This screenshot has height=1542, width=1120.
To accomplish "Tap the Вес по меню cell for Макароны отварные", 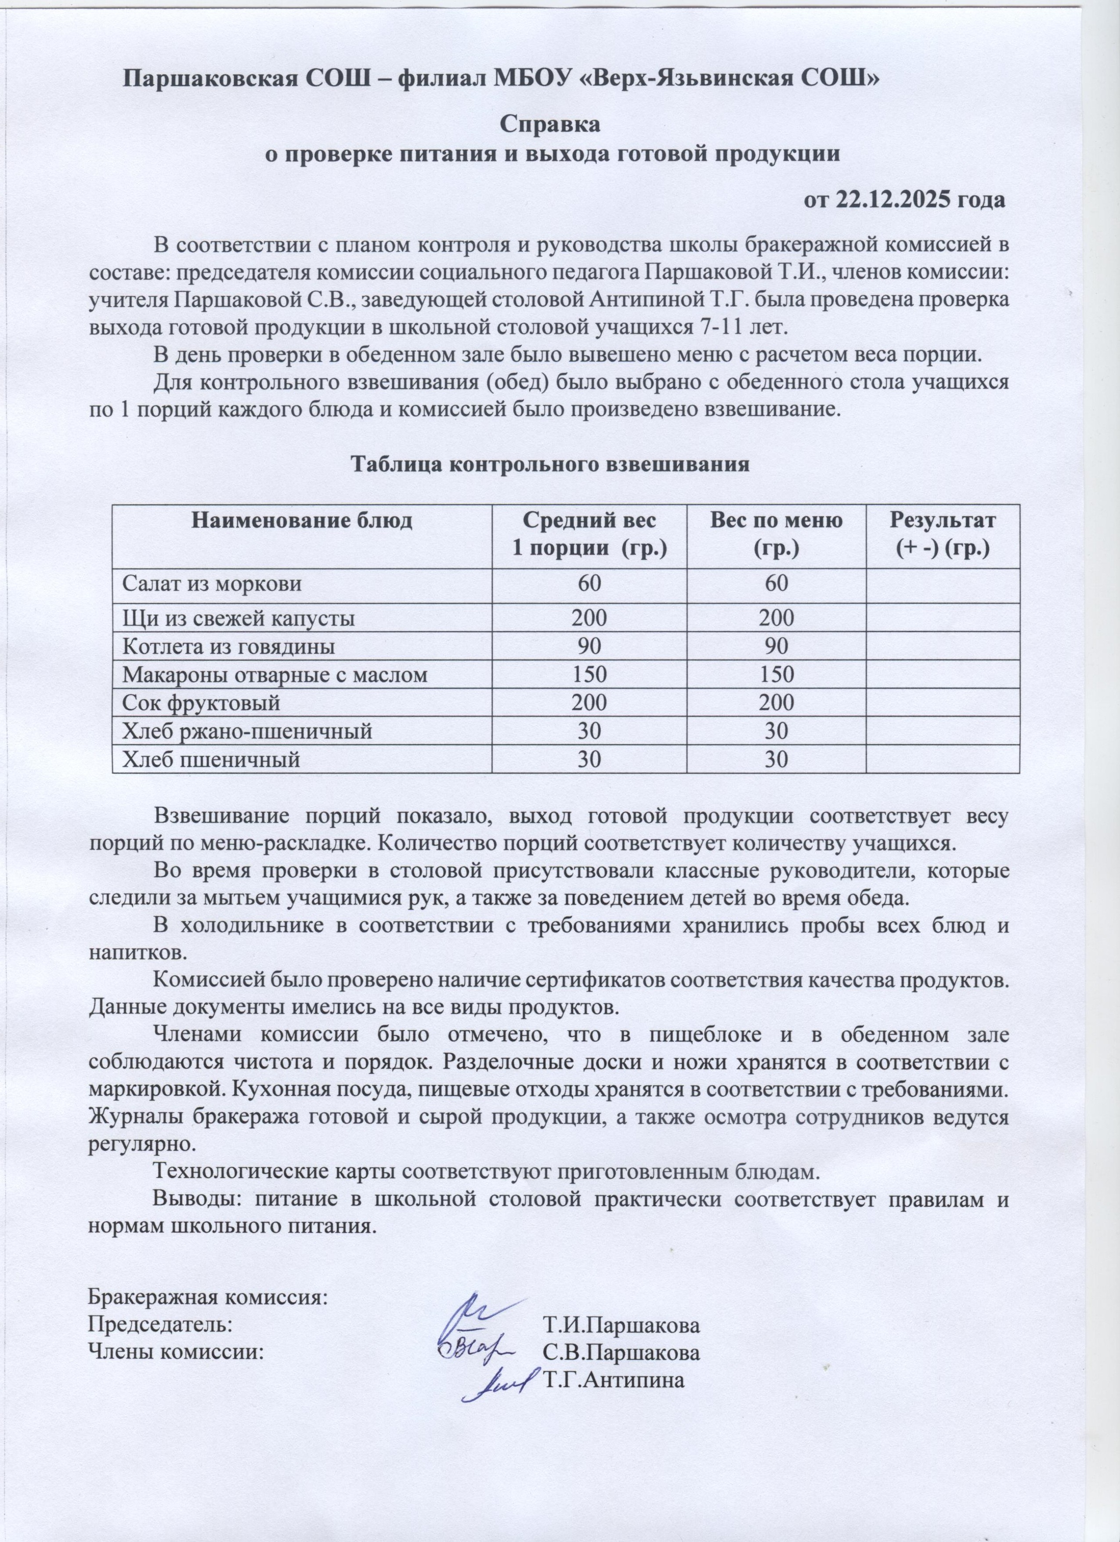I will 776,674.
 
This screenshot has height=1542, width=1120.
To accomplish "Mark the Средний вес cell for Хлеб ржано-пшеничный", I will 589,731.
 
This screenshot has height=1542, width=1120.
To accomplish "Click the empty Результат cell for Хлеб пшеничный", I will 943,759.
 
